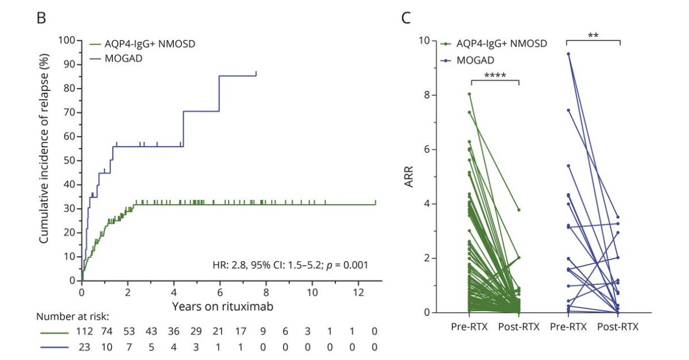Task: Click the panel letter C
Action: click(406, 18)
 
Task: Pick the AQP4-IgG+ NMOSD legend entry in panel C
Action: click(501, 44)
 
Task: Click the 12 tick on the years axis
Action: click(358, 291)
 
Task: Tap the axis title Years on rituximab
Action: click(222, 306)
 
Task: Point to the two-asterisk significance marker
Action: click(593, 35)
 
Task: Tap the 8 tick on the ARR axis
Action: click(426, 95)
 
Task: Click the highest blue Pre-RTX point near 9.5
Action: click(568, 54)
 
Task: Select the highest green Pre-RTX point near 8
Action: click(469, 94)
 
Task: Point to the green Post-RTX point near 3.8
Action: click(518, 210)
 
